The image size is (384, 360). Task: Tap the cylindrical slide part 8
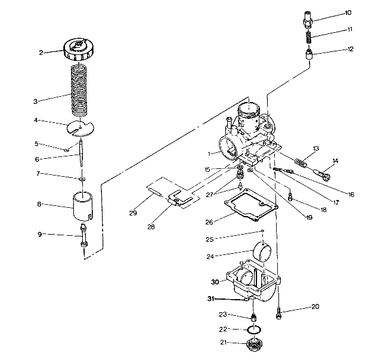[x=82, y=206]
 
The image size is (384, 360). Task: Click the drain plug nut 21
[x=257, y=344]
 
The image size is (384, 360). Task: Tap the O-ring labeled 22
[x=255, y=330]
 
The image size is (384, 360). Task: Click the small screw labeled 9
[x=82, y=237]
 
